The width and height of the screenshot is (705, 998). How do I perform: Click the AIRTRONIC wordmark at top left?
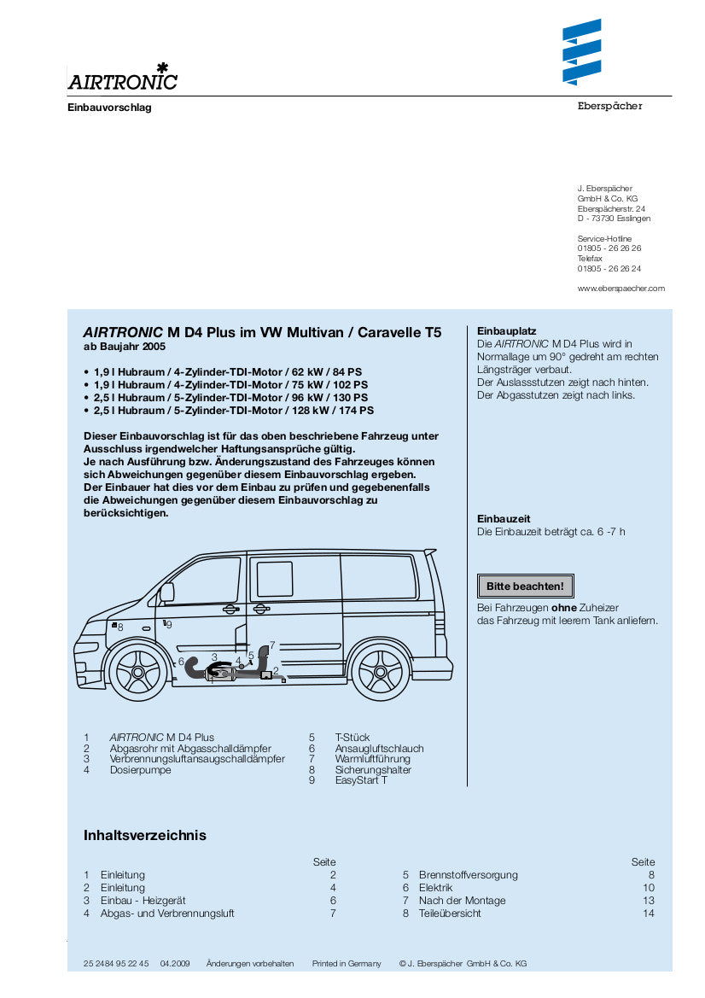point(122,81)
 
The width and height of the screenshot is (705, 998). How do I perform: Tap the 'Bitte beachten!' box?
point(525,587)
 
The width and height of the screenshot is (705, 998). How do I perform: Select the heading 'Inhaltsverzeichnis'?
point(144,835)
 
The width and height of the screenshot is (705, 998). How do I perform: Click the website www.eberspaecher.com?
point(621,289)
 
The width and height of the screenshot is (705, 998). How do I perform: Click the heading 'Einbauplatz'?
point(506,331)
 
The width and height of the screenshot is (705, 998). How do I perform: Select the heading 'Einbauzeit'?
point(504,519)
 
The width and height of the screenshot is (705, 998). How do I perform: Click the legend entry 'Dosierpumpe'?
point(140,770)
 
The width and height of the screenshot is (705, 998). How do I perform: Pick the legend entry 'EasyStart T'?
point(360,780)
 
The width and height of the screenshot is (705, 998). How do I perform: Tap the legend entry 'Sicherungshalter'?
point(373,770)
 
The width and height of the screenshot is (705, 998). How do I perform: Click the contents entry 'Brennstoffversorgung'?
point(468,875)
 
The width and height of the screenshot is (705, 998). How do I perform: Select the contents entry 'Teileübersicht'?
point(449,913)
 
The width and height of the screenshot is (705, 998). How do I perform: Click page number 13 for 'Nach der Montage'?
point(649,901)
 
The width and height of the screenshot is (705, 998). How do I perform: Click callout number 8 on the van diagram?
point(120,627)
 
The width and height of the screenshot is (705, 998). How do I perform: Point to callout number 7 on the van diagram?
point(271,645)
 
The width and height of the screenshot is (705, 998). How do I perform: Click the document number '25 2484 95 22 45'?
point(116,964)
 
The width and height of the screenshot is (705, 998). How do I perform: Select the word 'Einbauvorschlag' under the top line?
point(109,108)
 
